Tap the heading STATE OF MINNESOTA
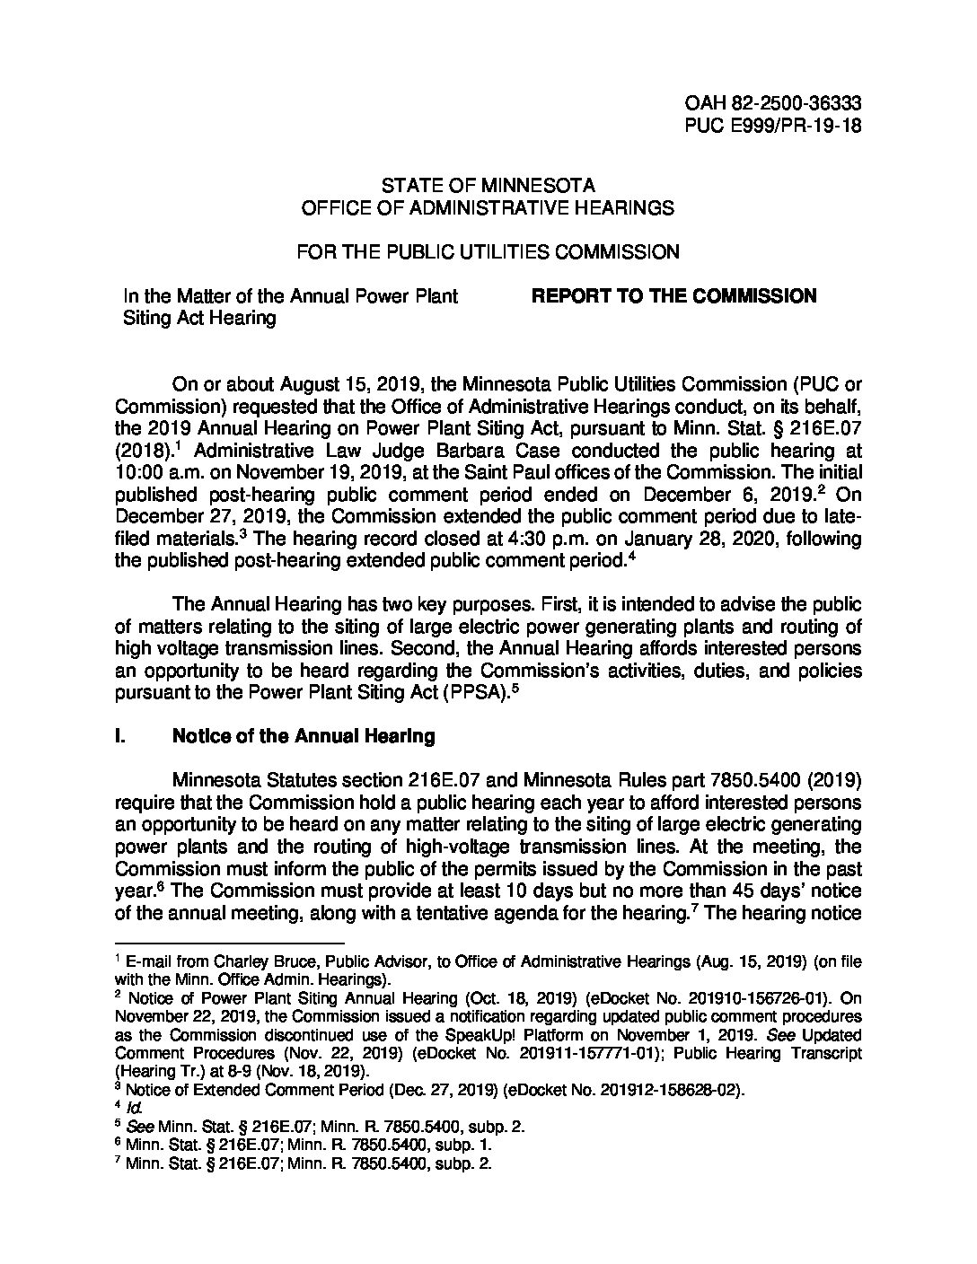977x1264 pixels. point(488,187)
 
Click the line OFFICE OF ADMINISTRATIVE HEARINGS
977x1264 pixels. point(488,208)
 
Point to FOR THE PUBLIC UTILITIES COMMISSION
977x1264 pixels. point(488,252)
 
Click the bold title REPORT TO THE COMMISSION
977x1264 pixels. point(674,296)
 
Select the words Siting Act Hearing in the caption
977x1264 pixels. point(198,318)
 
